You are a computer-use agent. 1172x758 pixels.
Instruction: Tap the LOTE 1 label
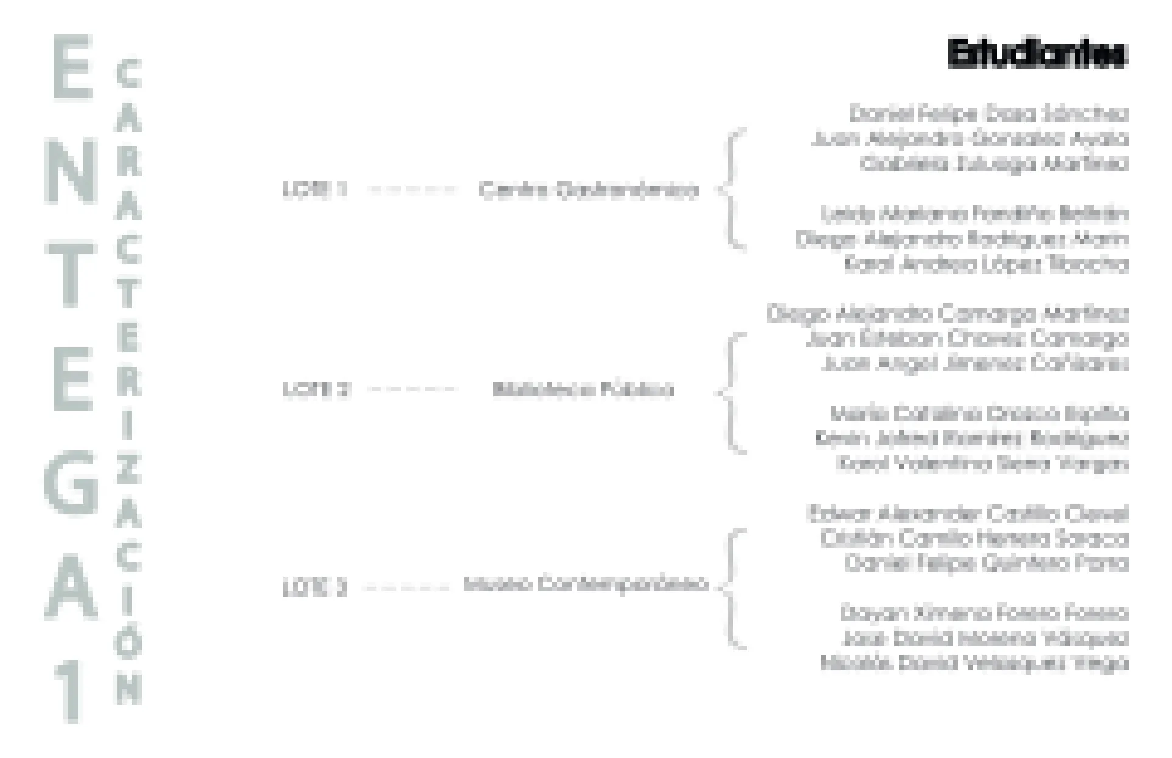coord(314,190)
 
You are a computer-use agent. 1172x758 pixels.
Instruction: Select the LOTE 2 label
coord(316,389)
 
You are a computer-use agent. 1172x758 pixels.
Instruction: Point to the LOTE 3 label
coord(314,588)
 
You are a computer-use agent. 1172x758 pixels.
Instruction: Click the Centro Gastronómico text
coord(588,190)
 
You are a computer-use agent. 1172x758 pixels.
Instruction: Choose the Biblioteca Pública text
coord(583,389)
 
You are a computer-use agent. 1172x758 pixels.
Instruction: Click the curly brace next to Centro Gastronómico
coord(732,189)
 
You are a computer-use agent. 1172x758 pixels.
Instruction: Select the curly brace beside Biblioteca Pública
coord(732,393)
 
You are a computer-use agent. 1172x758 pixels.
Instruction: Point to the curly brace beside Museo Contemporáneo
coord(732,588)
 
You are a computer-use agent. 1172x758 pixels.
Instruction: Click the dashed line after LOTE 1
coord(412,190)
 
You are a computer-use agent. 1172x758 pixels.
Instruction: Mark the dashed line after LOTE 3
coord(406,588)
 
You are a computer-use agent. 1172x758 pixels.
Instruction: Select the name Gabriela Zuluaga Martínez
coord(994,164)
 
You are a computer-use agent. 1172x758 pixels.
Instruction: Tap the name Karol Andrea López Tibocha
coord(986,264)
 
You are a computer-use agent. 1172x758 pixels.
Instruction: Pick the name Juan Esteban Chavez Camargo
coord(967,339)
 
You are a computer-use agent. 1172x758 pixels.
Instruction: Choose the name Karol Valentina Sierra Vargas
coord(982,464)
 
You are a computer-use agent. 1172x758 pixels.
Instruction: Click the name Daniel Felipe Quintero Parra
coord(986,563)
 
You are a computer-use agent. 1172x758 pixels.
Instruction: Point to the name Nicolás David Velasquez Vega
coord(974,663)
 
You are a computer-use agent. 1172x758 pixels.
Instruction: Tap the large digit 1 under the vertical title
coord(72,693)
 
